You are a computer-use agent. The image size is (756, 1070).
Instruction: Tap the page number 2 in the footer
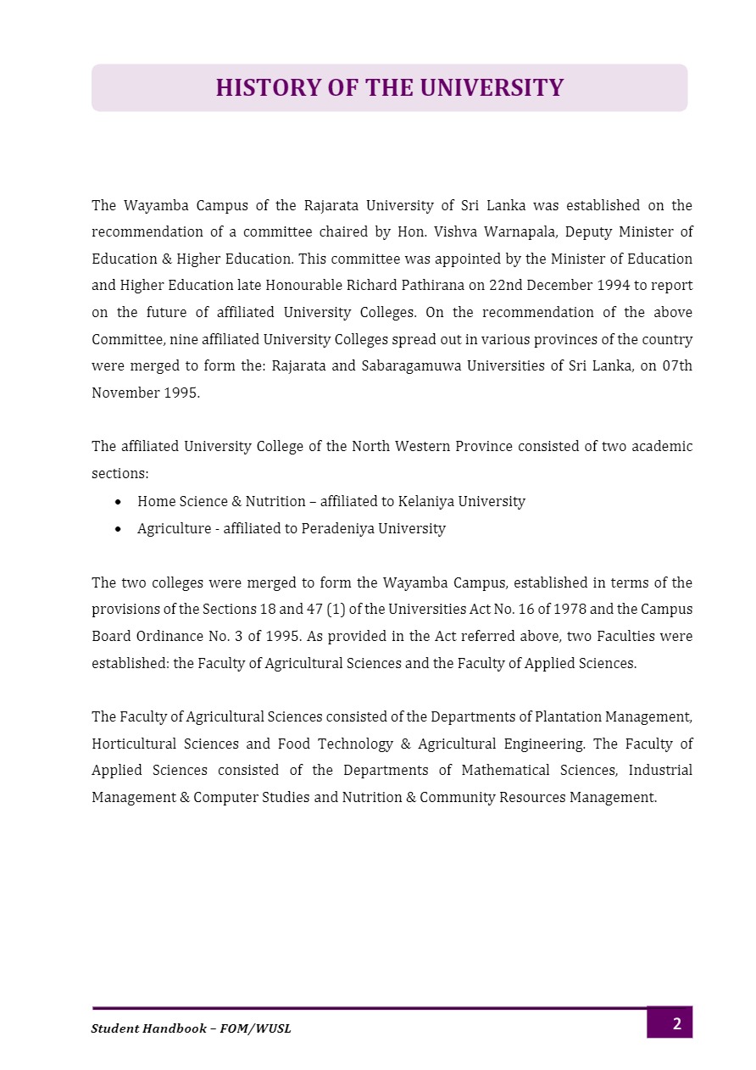(676, 1023)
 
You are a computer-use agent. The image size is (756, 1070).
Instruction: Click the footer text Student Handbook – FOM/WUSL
(191, 1028)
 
